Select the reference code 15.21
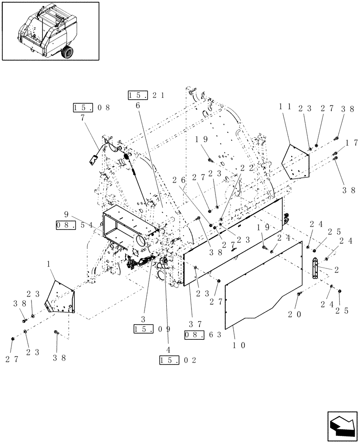pos(146,95)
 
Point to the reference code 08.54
pos(74,225)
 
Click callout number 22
pos(245,167)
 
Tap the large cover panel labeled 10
pos(262,288)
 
